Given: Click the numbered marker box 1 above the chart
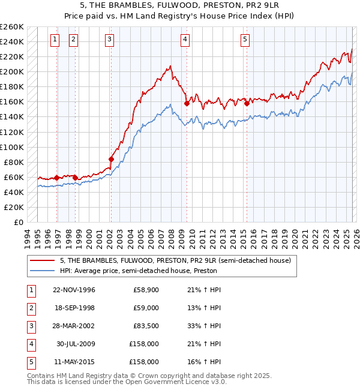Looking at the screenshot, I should (x=55, y=40).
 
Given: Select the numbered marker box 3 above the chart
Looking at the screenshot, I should (x=110, y=40).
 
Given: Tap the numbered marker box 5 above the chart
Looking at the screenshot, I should (x=245, y=40).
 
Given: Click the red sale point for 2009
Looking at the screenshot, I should (x=187, y=103).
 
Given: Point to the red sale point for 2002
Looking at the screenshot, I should (x=111, y=159).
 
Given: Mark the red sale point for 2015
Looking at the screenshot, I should (x=247, y=103).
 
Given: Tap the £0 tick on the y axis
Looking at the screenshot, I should (x=19, y=222).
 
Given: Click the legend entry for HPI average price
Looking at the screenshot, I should (x=138, y=271).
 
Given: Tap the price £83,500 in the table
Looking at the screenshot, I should (x=146, y=326).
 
